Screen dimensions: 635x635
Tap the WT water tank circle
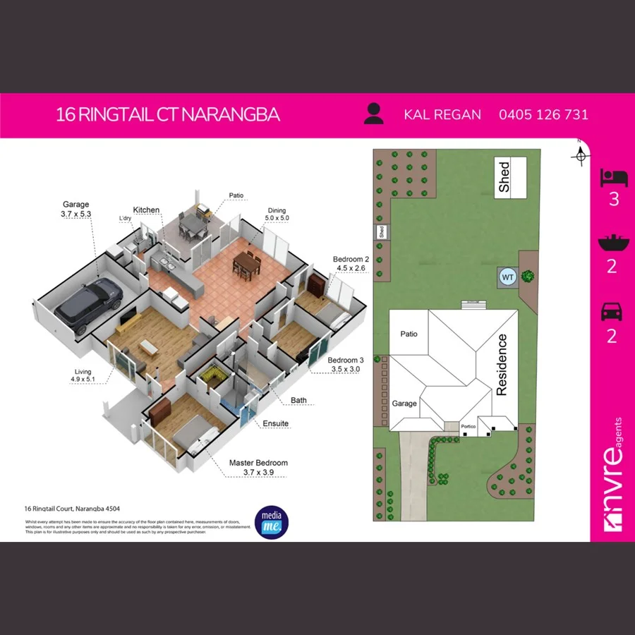click(507, 277)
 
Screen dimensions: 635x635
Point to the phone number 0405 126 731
click(543, 114)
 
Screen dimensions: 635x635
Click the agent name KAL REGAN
click(442, 114)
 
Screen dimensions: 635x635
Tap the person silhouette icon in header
click(374, 114)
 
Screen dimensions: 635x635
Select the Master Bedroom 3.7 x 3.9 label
click(258, 467)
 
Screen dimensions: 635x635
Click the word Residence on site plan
click(502, 364)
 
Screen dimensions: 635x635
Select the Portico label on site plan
click(469, 426)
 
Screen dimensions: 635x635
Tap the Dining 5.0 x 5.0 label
click(276, 214)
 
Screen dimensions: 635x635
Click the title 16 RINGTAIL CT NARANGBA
click(168, 114)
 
